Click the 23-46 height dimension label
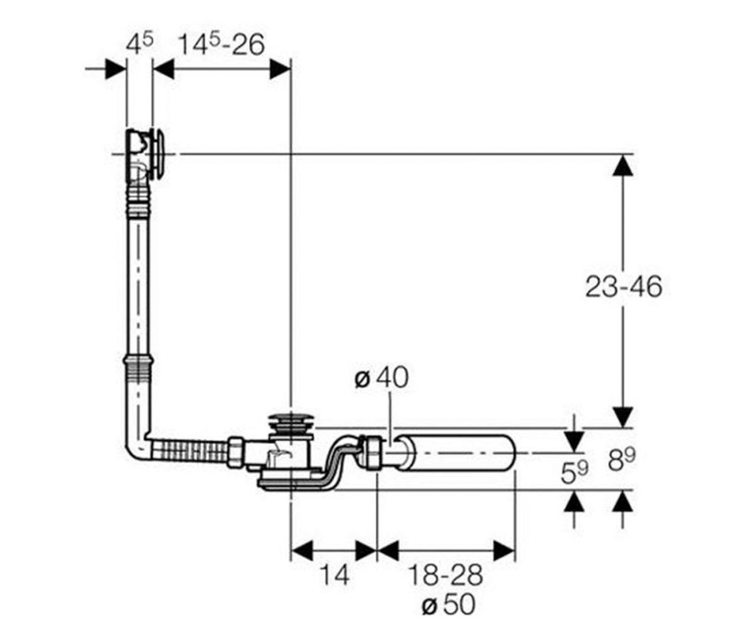tap(623, 287)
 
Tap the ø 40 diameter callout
tap(382, 378)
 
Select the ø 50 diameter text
tap(448, 605)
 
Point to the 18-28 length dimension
tap(446, 575)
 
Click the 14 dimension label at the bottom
tap(334, 575)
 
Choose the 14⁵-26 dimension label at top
tap(222, 44)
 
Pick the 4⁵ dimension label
tap(139, 43)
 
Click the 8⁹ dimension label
tap(622, 459)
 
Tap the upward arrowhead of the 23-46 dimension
tap(623, 165)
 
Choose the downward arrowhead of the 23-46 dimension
tap(623, 418)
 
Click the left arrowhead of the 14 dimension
tap(301, 551)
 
